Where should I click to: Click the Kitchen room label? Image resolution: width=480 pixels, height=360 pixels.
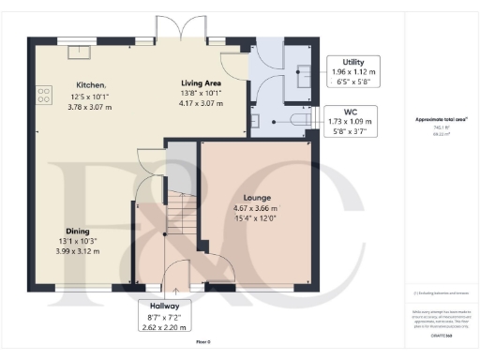click(91, 84)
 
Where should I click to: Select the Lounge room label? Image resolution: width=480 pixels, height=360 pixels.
click(257, 198)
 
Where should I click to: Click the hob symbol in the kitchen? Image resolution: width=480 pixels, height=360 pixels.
click(42, 94)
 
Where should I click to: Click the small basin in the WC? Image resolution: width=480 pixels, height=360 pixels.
click(255, 122)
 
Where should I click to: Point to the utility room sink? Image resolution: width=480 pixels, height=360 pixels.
click(305, 75)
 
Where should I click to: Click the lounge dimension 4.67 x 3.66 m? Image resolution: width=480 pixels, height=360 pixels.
click(257, 208)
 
